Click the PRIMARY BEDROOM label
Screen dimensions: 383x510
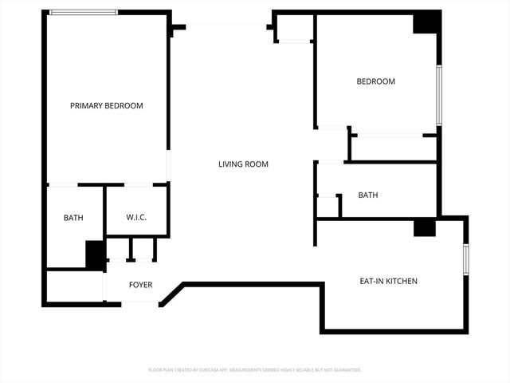pos(107,105)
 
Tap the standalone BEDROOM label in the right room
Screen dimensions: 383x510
pos(375,81)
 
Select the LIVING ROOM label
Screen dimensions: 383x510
pos(243,164)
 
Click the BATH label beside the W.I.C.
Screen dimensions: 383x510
pos(73,218)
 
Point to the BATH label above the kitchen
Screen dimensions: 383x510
pos(368,195)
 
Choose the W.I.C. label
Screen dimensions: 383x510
pos(136,218)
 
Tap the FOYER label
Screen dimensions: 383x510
pos(140,285)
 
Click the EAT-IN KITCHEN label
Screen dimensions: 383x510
pos(389,281)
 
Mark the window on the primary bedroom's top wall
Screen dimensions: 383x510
pos(84,13)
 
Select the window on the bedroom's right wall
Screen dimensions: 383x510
pos(438,95)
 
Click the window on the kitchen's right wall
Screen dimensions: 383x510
pos(466,259)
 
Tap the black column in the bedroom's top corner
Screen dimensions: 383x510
pos(426,22)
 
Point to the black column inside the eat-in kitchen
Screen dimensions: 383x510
pos(424,227)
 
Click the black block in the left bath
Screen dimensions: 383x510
pos(96,255)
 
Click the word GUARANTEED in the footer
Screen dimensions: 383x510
pos(344,370)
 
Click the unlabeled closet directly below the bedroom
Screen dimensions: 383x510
pos(393,148)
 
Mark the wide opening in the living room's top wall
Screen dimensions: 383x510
pos(226,25)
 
